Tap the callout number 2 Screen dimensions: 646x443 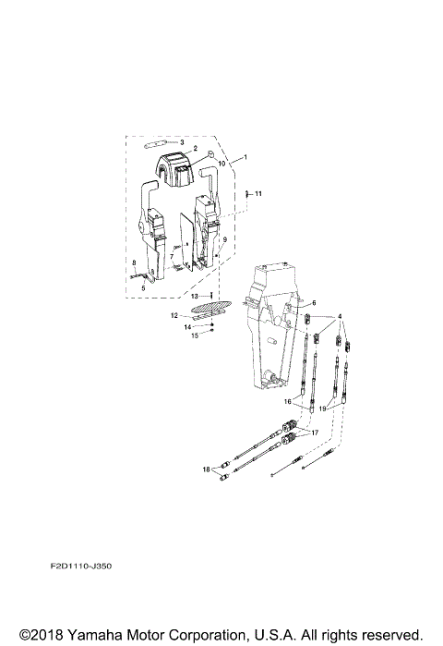(195, 148)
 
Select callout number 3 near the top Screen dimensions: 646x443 (182, 141)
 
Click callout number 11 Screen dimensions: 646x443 (258, 193)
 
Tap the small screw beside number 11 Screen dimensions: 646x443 (247, 194)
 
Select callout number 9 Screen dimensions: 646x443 (224, 239)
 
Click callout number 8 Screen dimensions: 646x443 (135, 263)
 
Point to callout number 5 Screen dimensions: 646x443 (143, 287)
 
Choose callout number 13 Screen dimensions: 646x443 (195, 296)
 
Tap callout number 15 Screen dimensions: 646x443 (195, 335)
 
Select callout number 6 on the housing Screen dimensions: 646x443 (313, 302)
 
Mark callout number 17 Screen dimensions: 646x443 (314, 433)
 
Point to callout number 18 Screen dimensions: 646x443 (207, 469)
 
